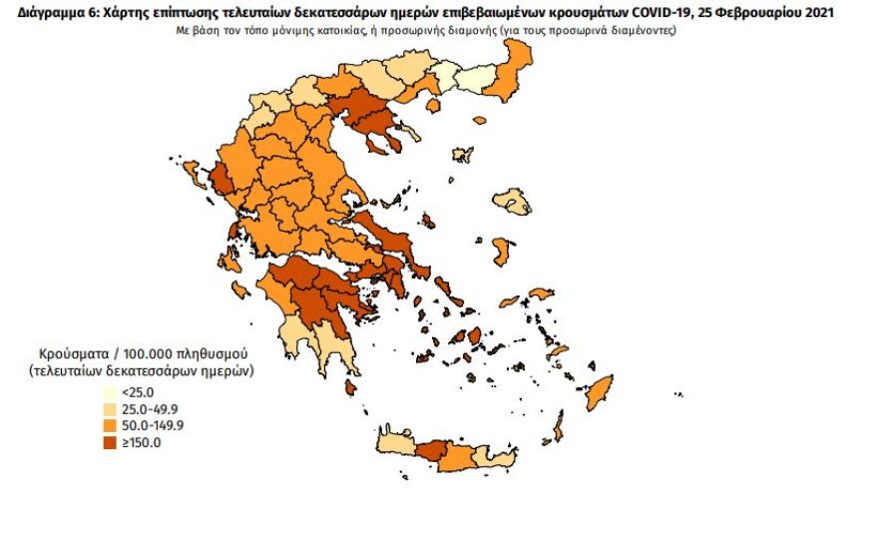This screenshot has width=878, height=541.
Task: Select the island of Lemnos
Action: coord(461,155)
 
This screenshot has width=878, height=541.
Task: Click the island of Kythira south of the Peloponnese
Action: coord(350,386)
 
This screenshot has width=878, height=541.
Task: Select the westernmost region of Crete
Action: coord(393,444)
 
